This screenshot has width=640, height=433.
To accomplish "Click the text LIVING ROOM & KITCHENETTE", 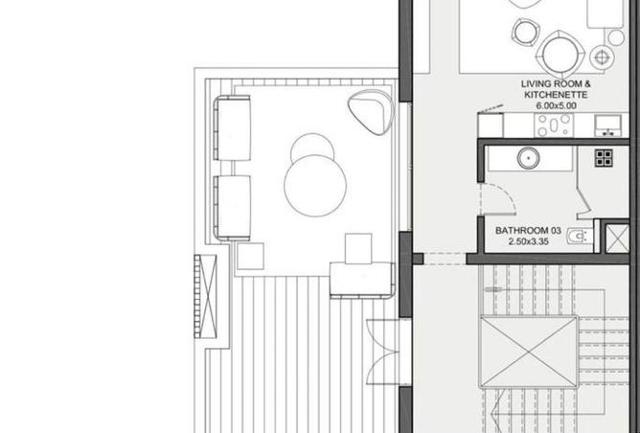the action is (556, 89).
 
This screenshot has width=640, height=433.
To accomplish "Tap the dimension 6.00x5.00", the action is (556, 105).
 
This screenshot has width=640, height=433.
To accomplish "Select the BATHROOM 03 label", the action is (528, 231).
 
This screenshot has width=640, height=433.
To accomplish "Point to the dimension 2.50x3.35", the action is (529, 241).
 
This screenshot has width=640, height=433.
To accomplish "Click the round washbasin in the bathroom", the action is (529, 157).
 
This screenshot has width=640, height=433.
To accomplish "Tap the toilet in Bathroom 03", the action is (579, 236).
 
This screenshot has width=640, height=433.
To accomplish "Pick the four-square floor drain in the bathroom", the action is (604, 158).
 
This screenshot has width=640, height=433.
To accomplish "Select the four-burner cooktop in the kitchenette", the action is (554, 125).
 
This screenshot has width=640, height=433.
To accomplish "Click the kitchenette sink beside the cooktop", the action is (607, 125).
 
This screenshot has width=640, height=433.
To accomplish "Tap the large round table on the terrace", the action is (315, 186).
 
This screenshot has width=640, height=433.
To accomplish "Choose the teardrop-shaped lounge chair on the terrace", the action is (371, 112).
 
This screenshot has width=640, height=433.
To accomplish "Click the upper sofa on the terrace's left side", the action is (232, 128).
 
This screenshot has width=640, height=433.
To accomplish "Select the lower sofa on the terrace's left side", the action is (232, 208).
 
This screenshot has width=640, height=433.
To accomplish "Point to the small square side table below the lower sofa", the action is (250, 256).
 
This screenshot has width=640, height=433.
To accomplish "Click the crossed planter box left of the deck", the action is (205, 296).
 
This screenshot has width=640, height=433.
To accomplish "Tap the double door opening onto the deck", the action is (383, 352).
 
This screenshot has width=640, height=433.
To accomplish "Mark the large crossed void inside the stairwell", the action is (530, 352).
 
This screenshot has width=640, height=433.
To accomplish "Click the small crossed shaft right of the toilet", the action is (617, 238).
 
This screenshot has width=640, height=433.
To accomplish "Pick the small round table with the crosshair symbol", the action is (602, 57).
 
